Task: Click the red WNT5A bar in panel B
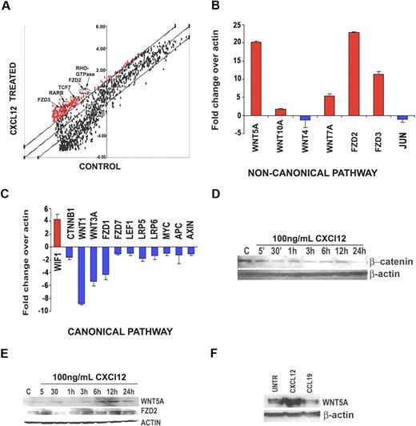coord(256,78)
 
